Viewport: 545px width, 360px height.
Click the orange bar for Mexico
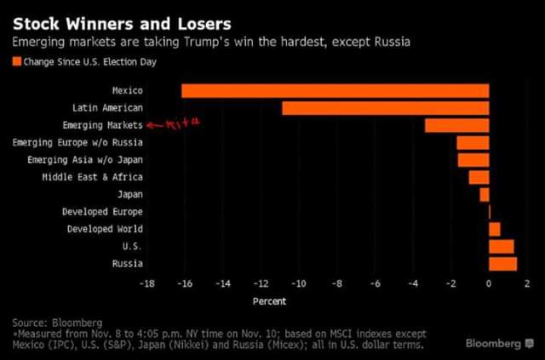[335, 91]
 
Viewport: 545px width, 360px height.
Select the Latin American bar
[385, 108]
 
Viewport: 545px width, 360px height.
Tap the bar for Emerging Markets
[456, 126]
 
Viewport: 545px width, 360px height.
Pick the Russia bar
[502, 264]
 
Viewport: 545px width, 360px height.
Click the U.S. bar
[501, 247]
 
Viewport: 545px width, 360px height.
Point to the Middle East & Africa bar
[479, 177]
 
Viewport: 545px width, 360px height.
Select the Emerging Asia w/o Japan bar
[473, 160]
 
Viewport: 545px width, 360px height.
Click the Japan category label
[128, 195]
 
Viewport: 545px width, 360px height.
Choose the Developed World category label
[105, 229]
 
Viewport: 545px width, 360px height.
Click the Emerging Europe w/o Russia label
[77, 142]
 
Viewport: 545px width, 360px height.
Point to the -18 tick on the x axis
[147, 283]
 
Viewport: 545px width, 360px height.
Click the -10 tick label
[298, 283]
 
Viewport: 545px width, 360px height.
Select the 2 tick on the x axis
[527, 283]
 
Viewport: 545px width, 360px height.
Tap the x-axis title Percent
[270, 300]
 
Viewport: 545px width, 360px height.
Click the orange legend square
[16, 61]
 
